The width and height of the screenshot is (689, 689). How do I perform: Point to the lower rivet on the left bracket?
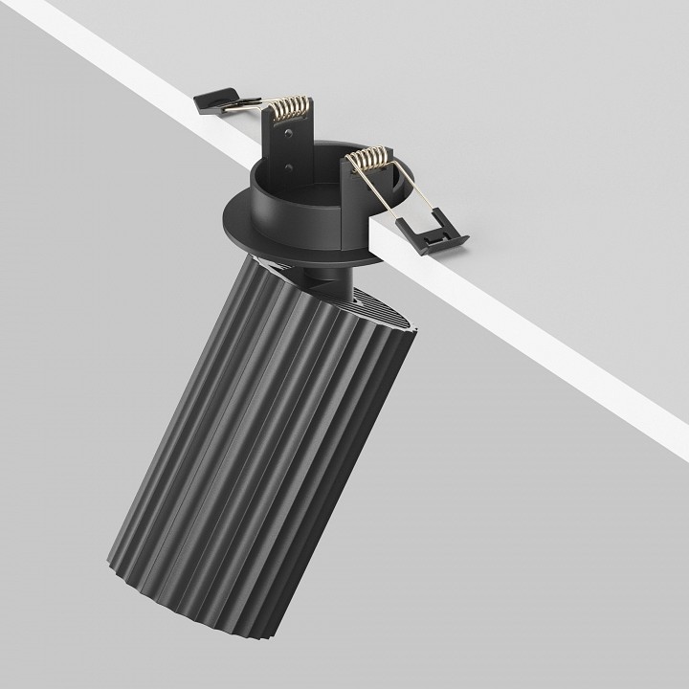289,168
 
